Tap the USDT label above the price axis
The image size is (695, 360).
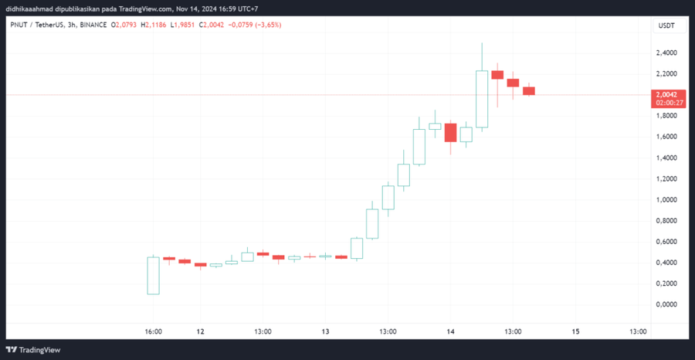point(666,25)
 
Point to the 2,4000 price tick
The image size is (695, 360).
point(666,53)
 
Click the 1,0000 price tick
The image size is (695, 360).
point(666,199)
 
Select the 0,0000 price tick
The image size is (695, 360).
point(666,304)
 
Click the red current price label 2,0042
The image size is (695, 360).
point(666,93)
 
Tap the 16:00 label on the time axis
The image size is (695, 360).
point(153,331)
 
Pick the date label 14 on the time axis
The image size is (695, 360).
point(450,331)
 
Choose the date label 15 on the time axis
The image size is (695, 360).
point(575,331)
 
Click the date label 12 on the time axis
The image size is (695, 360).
point(200,331)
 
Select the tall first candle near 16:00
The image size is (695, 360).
point(153,275)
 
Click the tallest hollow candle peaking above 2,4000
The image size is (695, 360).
point(482,99)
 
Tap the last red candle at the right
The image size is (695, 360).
point(529,90)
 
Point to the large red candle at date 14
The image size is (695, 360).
point(450,132)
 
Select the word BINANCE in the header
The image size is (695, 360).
point(92,25)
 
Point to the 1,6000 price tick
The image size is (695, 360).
point(666,137)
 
